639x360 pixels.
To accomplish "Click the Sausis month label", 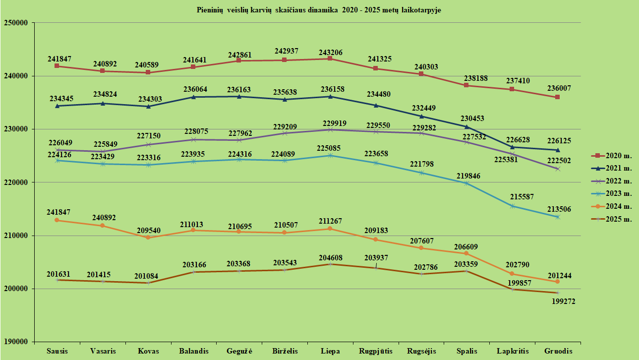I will pos(57,351).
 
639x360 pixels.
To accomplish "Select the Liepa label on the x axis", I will pos(330,351).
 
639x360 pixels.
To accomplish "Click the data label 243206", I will pos(330,53).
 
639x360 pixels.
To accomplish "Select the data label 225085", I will pos(330,147).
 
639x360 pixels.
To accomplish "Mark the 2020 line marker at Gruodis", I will pos(558,97).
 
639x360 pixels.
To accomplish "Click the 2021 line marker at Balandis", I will pos(193,97).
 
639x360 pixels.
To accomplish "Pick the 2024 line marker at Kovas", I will pos(148,238).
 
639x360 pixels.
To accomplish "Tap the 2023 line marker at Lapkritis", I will pos(512,206).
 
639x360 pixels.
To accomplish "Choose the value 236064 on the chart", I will pos(193,89).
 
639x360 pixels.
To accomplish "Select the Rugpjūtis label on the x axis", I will pos(376,351).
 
